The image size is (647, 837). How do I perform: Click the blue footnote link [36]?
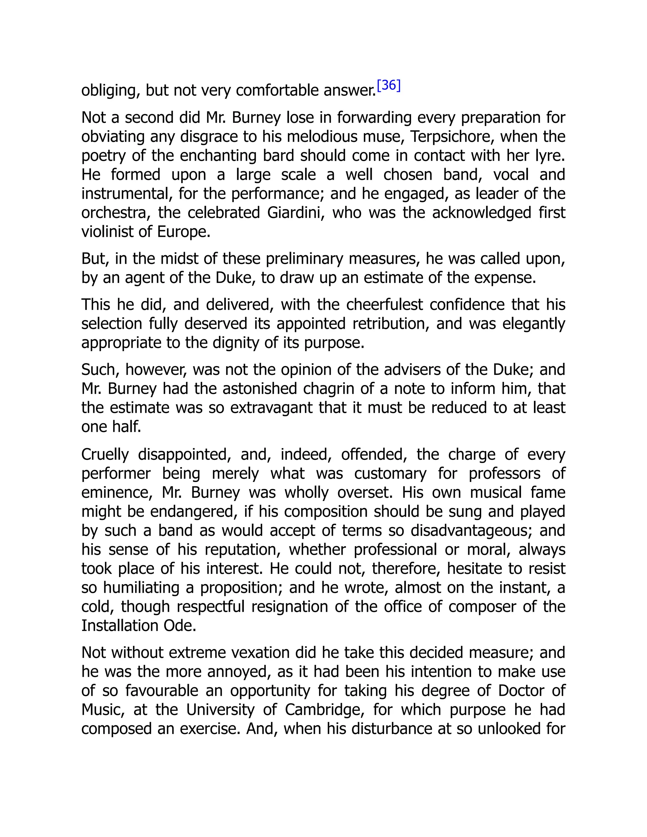(389, 86)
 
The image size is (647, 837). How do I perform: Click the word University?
(221, 710)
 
